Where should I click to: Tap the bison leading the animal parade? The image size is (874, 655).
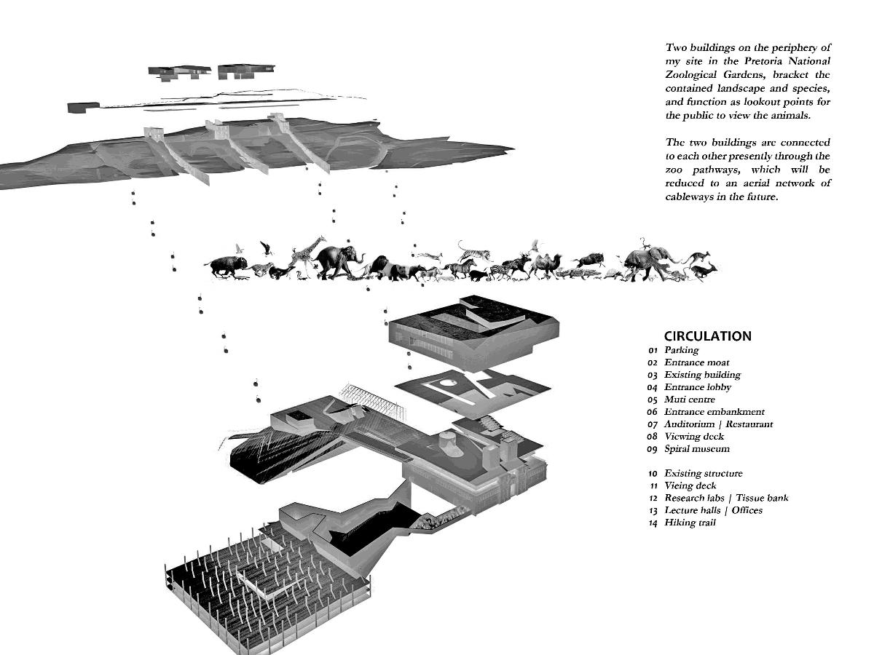pyautogui.click(x=228, y=266)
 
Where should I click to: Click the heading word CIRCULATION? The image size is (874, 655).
pyautogui.click(x=707, y=336)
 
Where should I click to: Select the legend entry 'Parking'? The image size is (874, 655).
pyautogui.click(x=681, y=350)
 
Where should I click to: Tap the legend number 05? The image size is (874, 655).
pyautogui.click(x=653, y=400)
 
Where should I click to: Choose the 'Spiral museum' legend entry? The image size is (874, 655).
pyautogui.click(x=696, y=448)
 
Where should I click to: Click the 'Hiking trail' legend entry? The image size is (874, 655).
pyautogui.click(x=690, y=523)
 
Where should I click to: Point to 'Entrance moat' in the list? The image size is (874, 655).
pyautogui.click(x=696, y=362)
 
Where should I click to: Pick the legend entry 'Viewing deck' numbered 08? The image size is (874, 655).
pyautogui.click(x=694, y=436)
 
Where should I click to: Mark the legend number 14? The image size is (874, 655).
pyautogui.click(x=653, y=523)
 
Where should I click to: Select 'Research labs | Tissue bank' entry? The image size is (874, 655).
pyautogui.click(x=725, y=498)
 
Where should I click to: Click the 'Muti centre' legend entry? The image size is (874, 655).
pyautogui.click(x=689, y=400)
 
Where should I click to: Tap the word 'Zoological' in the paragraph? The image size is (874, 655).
pyautogui.click(x=696, y=75)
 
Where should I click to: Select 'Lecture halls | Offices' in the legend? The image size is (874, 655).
pyautogui.click(x=713, y=510)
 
